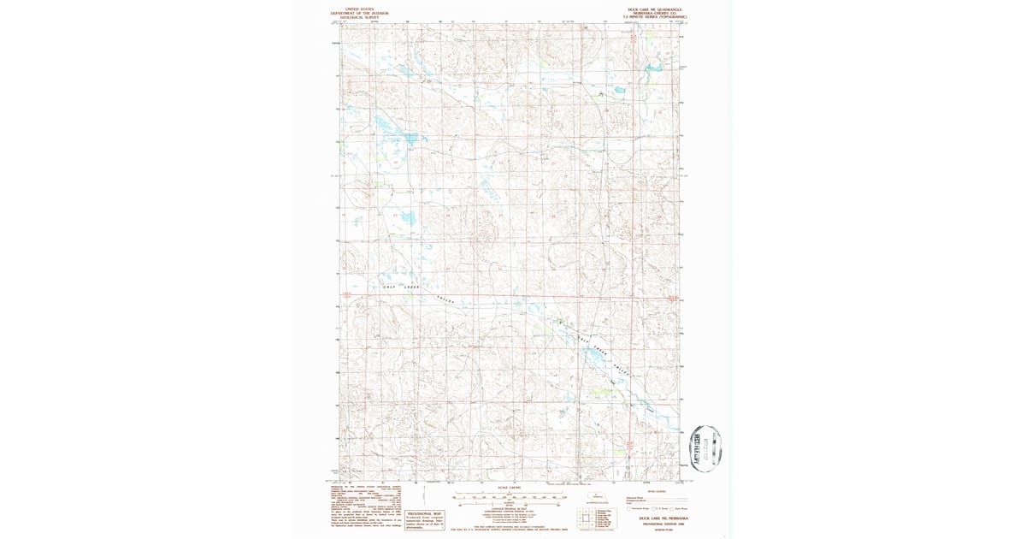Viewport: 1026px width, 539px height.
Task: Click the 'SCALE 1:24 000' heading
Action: point(509,489)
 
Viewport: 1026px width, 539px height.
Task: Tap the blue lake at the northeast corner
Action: point(656,68)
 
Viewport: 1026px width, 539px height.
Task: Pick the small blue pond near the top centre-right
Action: point(614,91)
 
